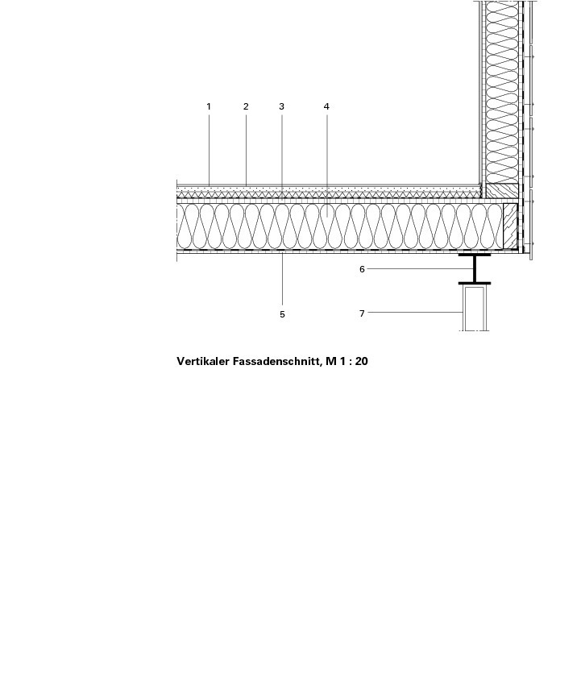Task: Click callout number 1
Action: point(209,106)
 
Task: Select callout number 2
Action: point(246,106)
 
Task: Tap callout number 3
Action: point(281,106)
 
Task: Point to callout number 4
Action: point(326,106)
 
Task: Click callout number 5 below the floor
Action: point(282,314)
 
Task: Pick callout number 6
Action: point(362,269)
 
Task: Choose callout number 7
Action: point(362,313)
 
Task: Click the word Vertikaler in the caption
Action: point(203,362)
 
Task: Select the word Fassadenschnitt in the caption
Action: point(276,362)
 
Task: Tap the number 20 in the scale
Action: point(362,362)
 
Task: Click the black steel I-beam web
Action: point(475,268)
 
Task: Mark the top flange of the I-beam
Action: point(475,255)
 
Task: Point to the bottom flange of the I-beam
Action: point(475,283)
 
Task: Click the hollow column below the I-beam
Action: point(475,308)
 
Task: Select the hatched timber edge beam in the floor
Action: point(510,226)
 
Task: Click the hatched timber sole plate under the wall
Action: point(502,190)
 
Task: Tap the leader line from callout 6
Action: point(420,268)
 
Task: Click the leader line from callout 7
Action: point(415,312)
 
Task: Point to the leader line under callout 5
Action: point(282,280)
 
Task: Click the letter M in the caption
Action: point(330,362)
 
